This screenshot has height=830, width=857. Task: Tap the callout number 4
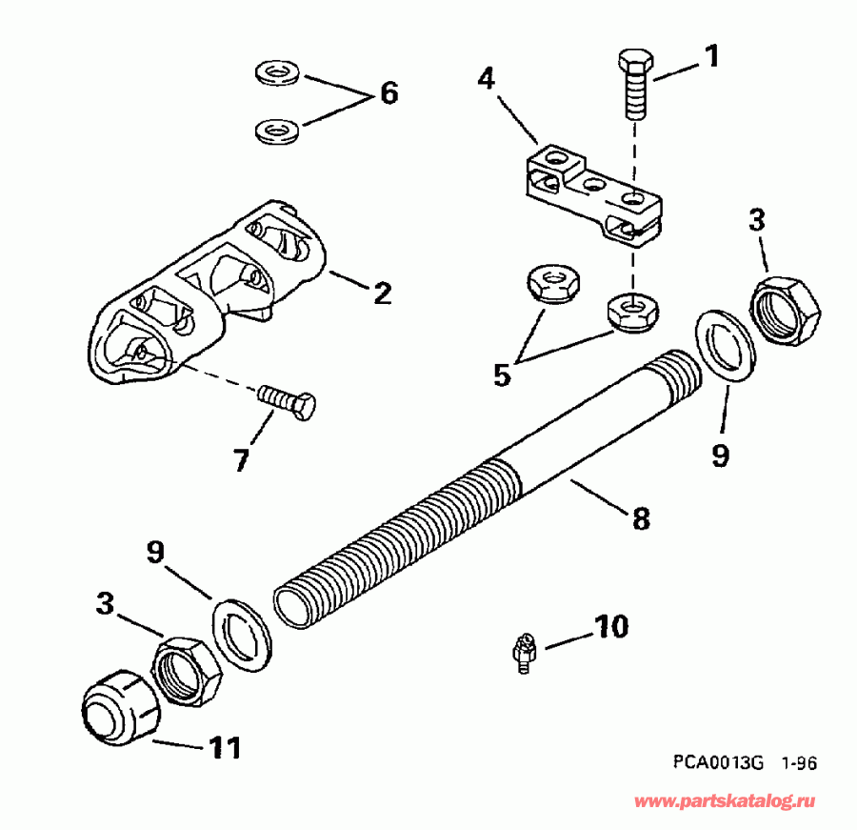(x=487, y=78)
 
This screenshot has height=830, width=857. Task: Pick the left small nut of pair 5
(x=548, y=285)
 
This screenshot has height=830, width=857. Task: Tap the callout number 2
(x=381, y=293)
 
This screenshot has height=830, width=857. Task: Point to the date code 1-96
(x=799, y=762)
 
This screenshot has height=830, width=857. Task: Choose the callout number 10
(x=612, y=626)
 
